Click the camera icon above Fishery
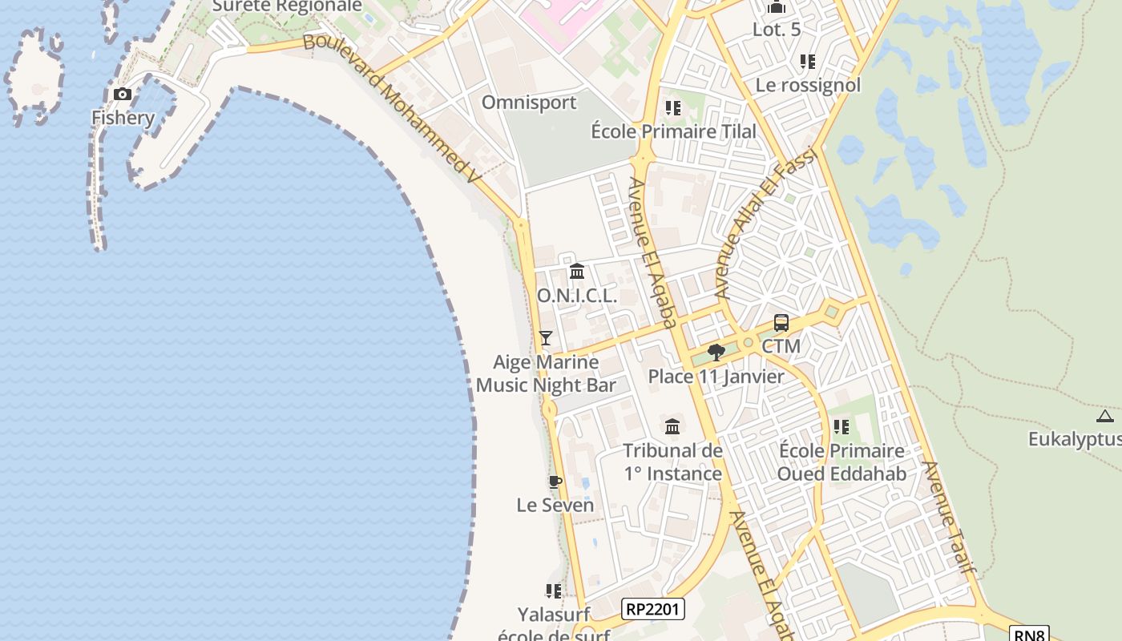(123, 95)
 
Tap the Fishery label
(123, 118)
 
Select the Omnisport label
(529, 103)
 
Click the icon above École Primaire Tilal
(672, 107)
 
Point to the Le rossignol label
(808, 85)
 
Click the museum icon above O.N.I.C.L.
(577, 272)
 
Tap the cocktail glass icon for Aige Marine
(546, 338)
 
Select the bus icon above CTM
(781, 323)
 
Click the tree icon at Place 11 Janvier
(716, 352)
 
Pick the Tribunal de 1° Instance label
(673, 462)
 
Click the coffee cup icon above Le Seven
(555, 482)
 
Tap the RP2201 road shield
(652, 609)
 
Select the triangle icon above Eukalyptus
(1105, 416)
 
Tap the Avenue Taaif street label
(950, 517)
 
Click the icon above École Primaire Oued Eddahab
(841, 427)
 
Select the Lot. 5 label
(777, 30)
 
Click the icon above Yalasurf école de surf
(554, 591)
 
